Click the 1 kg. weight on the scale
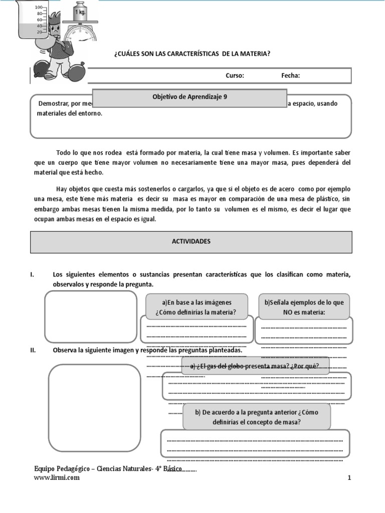80,12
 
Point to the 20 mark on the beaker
39,32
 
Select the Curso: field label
235,76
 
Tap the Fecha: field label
290,76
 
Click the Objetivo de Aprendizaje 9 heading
189,98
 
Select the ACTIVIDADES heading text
191,241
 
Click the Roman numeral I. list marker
32,275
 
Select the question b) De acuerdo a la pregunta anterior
257,417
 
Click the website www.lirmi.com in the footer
56,478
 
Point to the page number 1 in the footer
349,478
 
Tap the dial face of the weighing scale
82,36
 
